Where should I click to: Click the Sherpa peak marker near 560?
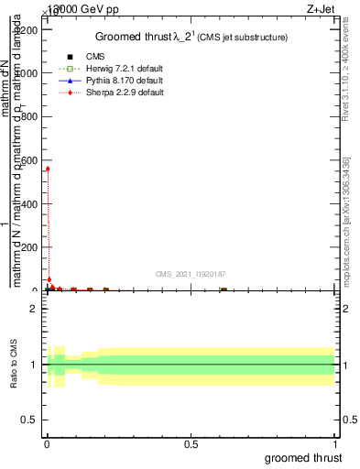pyautogui.click(x=48, y=169)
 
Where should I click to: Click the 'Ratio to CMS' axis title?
pyautogui.click(x=14, y=365)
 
